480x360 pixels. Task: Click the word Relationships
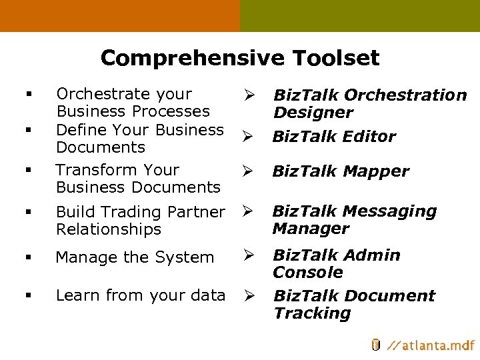click(x=109, y=229)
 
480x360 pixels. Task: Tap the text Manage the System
click(x=135, y=257)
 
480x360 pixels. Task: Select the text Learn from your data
click(x=141, y=295)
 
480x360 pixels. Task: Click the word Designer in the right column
click(x=313, y=113)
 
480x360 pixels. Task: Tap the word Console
click(x=307, y=273)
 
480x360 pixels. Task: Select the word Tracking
click(x=312, y=313)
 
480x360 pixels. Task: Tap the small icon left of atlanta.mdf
click(x=375, y=345)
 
